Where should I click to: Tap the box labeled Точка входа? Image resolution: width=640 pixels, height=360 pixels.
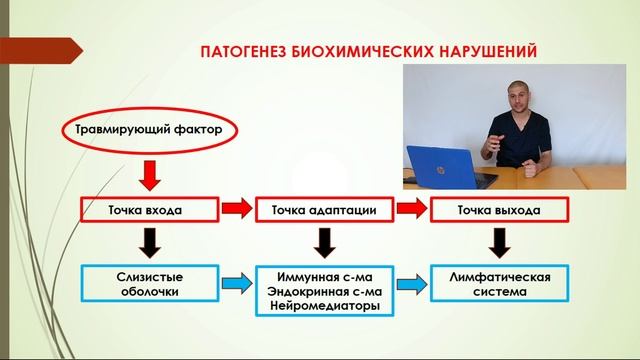click(150, 210)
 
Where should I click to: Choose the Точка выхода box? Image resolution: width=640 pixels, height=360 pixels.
click(498, 210)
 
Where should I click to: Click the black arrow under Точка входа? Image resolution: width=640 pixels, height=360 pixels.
click(150, 243)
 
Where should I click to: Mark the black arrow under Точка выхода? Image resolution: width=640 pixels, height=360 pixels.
click(498, 243)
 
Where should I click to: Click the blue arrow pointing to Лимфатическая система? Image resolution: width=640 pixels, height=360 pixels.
click(410, 284)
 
